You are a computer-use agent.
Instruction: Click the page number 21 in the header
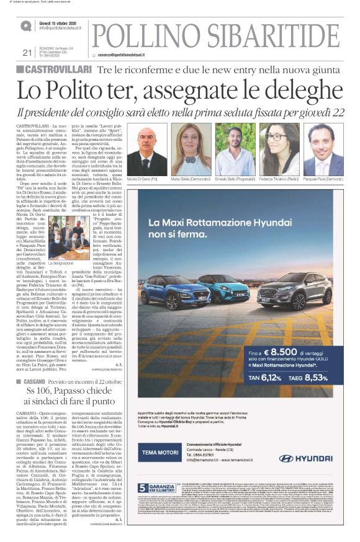[27, 52]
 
